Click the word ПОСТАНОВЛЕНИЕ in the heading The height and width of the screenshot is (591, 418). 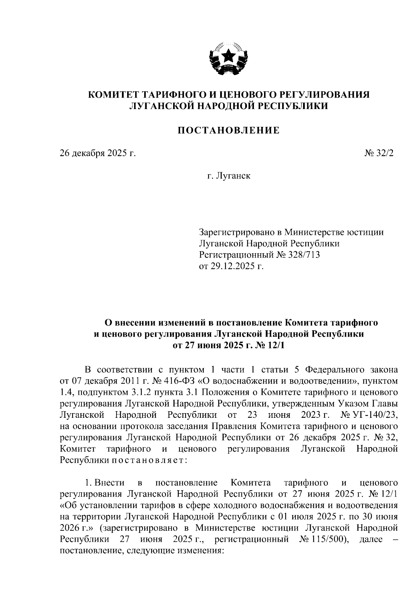[229, 130]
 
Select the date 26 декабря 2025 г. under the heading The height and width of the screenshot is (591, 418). [98, 153]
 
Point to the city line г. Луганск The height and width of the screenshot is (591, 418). [229, 176]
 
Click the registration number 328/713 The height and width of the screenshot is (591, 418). [304, 255]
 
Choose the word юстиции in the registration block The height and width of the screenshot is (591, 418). [365, 232]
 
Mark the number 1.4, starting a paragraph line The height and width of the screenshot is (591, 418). [66, 392]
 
